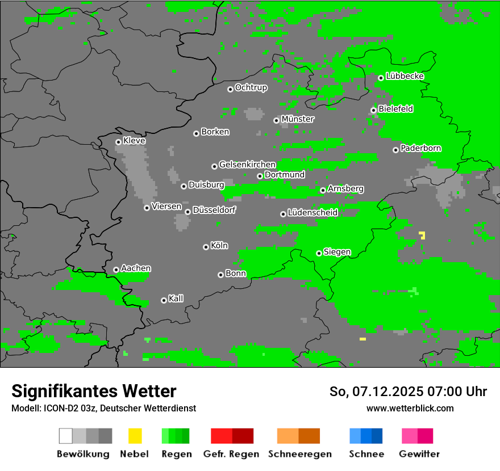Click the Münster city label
click(297, 119)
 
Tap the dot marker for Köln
click(206, 247)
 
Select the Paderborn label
click(420, 148)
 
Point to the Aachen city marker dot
click(116, 270)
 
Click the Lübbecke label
click(405, 76)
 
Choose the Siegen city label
click(337, 252)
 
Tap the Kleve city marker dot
click(118, 142)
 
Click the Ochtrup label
click(251, 87)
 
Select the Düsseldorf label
click(214, 210)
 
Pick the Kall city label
click(176, 298)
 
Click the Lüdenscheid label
click(312, 213)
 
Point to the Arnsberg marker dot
click(323, 190)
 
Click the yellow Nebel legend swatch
click(135, 436)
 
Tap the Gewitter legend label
click(419, 454)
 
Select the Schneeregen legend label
click(299, 454)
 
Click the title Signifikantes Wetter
click(94, 391)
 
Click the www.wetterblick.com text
click(410, 408)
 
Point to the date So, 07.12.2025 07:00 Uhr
click(407, 392)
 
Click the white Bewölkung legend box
click(65, 436)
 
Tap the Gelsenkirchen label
click(247, 165)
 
